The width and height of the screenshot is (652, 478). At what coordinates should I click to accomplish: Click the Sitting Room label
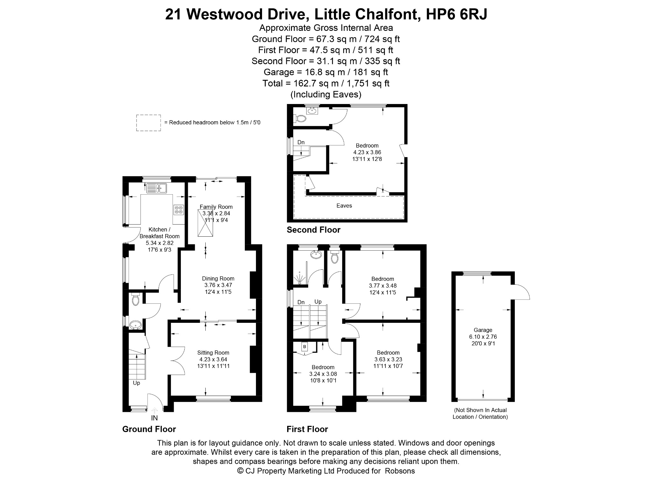click(x=213, y=353)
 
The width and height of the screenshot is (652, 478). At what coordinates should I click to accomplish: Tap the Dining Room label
click(x=218, y=279)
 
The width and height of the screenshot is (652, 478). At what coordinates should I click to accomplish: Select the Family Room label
click(x=216, y=207)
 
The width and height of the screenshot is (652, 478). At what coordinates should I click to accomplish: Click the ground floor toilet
click(x=136, y=300)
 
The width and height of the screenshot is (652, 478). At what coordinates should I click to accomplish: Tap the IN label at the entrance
click(x=154, y=418)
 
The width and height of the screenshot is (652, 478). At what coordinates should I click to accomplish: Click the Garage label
click(x=483, y=330)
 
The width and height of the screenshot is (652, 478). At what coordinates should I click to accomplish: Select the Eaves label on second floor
click(x=344, y=206)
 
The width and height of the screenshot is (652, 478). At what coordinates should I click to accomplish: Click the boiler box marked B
click(x=305, y=346)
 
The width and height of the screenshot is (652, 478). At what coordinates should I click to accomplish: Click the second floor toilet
click(x=300, y=119)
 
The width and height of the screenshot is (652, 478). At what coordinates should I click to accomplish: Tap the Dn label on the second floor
click(x=301, y=142)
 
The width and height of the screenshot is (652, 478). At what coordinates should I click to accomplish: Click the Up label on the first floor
click(x=318, y=301)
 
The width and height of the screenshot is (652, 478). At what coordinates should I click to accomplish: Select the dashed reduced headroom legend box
click(x=148, y=123)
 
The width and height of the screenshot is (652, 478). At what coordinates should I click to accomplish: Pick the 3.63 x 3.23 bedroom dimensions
click(x=388, y=359)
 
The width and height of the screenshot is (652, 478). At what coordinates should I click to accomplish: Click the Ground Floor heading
click(x=149, y=429)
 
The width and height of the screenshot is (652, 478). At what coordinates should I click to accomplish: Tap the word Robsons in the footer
click(x=400, y=471)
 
